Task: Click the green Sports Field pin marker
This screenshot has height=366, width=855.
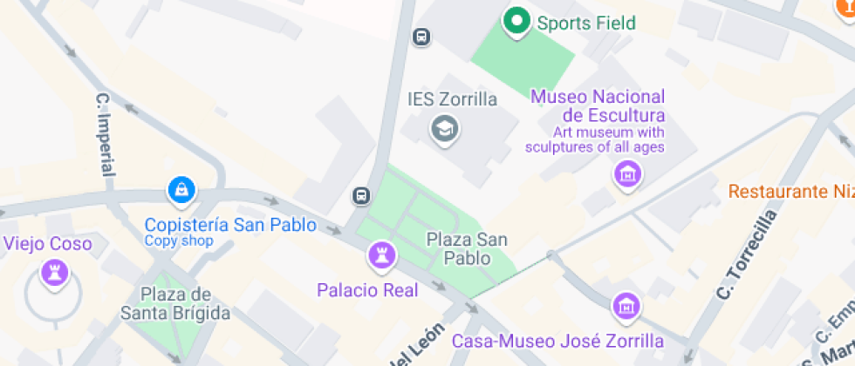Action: coord(516,21)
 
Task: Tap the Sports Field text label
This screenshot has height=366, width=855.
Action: coord(585,24)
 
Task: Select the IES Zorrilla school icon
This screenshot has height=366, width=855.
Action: coord(446,130)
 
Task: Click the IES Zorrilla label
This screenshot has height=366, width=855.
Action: coord(452,99)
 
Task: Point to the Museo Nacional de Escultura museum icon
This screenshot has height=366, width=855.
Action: coord(626,174)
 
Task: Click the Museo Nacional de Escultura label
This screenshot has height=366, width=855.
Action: coord(598,105)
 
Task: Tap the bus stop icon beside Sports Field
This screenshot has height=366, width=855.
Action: coord(421,37)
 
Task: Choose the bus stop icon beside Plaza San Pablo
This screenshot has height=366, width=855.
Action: coord(360,196)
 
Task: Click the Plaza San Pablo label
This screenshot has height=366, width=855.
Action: coord(467,247)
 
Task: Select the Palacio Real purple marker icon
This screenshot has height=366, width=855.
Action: coord(381,255)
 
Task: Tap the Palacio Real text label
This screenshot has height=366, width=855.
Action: coord(367,290)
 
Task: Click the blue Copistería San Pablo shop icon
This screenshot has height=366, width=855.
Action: coord(181,188)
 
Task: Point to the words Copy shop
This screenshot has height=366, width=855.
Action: coord(179,241)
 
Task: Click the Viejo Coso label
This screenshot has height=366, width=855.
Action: coord(48,244)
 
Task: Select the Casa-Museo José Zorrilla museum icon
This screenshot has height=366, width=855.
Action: coord(626,306)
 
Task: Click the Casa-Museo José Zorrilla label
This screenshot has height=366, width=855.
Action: coord(557,340)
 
